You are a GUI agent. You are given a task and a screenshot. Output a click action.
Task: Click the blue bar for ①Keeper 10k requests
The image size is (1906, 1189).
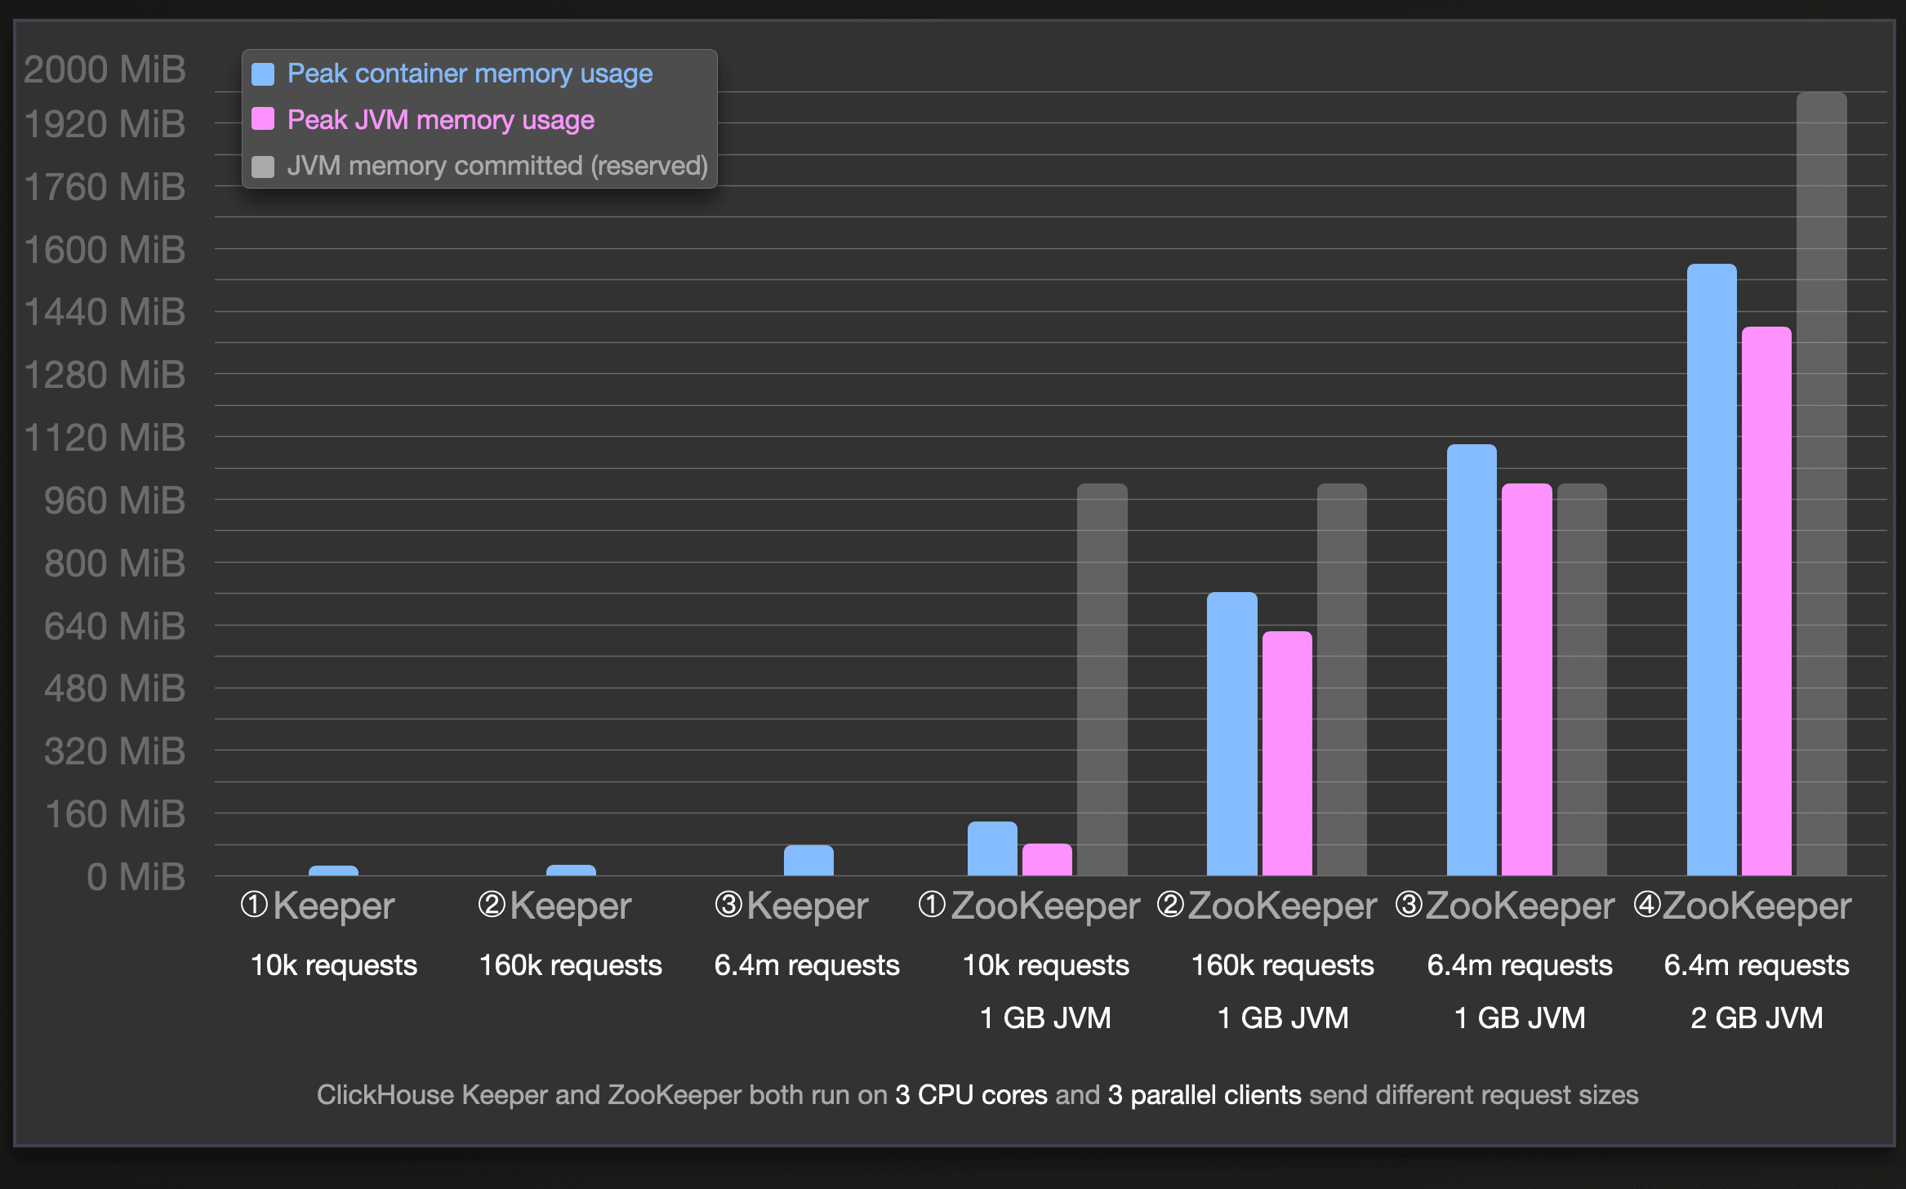click(333, 871)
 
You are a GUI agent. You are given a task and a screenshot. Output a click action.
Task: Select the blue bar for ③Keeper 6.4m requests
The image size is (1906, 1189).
click(808, 861)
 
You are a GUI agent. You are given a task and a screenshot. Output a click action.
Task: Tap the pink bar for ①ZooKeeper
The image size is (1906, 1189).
click(1047, 860)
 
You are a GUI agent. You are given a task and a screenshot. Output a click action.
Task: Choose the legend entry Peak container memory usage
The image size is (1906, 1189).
click(470, 73)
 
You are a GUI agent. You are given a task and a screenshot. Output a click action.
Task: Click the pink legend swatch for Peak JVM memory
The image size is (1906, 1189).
click(263, 119)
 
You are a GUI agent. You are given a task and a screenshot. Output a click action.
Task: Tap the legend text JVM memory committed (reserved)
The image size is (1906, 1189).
click(497, 166)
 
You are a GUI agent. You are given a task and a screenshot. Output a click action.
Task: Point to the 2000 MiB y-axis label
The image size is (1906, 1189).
click(105, 69)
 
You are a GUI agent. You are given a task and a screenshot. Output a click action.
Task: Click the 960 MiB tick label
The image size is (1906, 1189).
click(114, 501)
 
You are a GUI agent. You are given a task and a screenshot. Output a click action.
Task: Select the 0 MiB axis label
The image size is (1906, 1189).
click(136, 877)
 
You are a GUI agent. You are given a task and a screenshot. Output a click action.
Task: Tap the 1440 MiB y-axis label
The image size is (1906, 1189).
click(105, 312)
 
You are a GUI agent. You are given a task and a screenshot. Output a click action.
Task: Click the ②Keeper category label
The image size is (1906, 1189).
click(555, 906)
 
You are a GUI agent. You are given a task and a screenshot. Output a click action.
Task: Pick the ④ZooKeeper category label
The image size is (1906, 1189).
click(1743, 906)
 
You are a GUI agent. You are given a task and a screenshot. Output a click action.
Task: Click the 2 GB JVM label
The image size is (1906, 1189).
click(1757, 1018)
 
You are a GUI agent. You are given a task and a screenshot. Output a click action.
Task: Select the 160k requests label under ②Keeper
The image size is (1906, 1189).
click(570, 965)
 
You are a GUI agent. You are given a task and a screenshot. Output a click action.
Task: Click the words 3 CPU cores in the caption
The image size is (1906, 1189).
click(970, 1095)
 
